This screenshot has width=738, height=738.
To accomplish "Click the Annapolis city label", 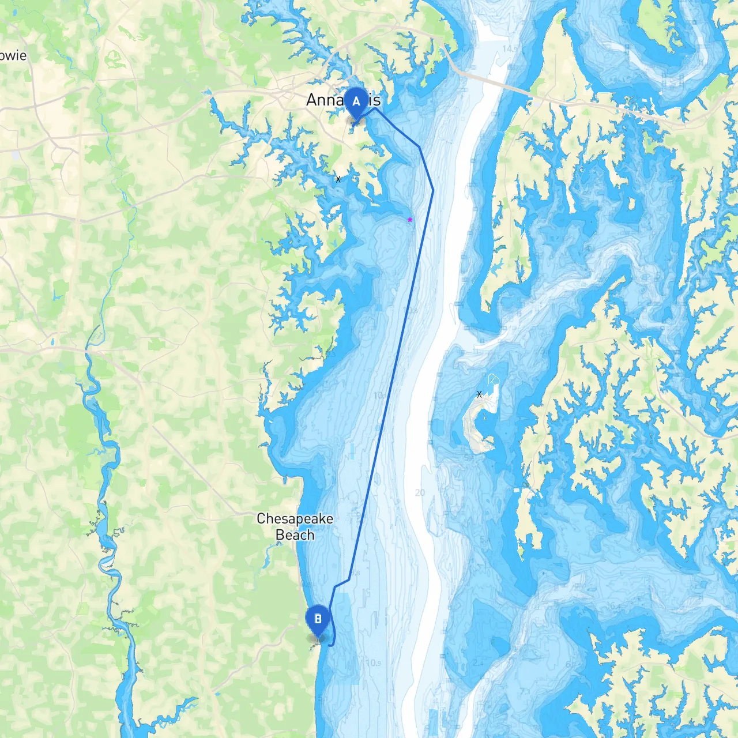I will coord(343,100).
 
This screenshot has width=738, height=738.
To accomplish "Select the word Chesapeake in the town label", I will coord(295,518).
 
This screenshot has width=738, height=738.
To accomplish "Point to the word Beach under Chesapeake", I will coord(295,535).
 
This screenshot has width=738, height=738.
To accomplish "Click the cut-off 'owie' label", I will coord(13,56).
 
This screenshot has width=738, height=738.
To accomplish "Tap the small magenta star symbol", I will coord(410,220).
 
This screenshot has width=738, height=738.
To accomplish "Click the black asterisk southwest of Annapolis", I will coord(338,179).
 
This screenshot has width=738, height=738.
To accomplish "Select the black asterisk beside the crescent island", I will coord(479,394).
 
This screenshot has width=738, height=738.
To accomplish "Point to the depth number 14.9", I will coord(510,48).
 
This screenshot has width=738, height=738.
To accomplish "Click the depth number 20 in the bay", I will coord(420,492).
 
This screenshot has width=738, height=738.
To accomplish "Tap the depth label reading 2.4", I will coord(477,663).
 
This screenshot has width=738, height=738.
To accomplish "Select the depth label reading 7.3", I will coord(525,691).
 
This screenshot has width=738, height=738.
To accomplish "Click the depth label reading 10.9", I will coord(373,663).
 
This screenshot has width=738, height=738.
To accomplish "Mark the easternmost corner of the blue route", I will coord(433,190).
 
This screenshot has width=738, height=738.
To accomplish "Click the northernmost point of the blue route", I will coord(376,108).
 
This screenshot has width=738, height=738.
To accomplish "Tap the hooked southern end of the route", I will coord(332,645).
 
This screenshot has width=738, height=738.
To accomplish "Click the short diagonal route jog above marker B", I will coord(342,583).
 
